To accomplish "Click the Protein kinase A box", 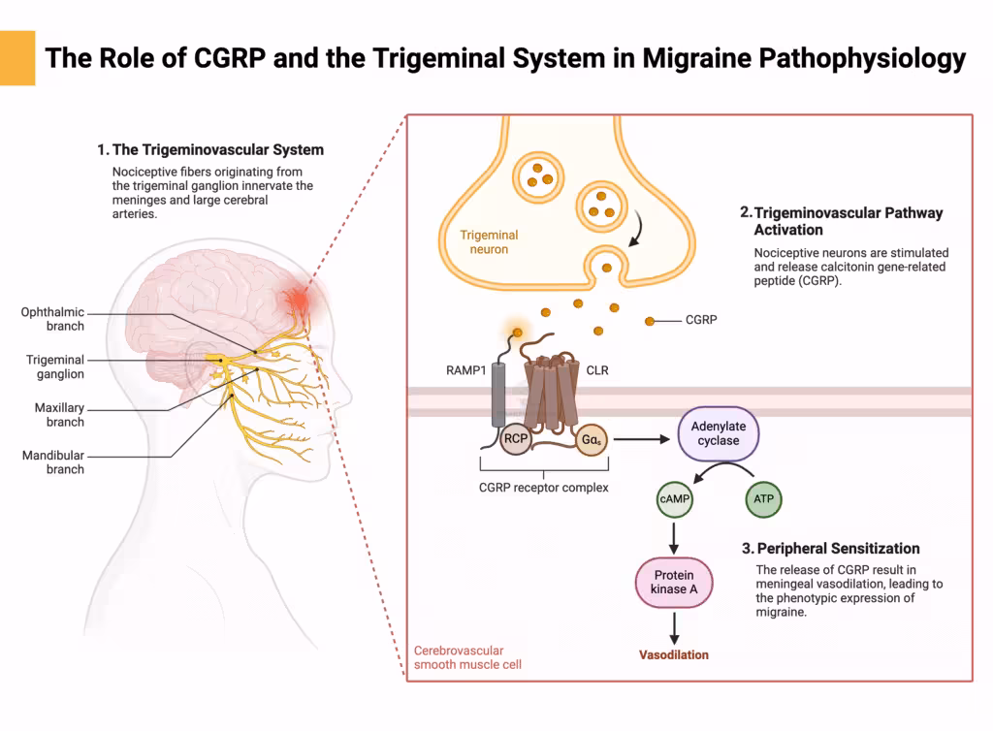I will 675,583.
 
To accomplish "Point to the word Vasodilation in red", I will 674,654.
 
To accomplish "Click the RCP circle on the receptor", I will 515,439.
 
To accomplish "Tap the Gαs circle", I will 591,439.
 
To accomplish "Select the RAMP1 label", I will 466,370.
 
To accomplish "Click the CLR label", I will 597,370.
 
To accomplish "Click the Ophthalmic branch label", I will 52,319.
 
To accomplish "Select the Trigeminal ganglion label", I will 55,366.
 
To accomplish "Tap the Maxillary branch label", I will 59,415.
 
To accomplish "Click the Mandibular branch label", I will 53,462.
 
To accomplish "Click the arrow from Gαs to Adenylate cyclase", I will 642,439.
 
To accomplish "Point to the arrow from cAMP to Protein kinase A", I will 674,537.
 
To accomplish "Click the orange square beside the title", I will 17,58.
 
